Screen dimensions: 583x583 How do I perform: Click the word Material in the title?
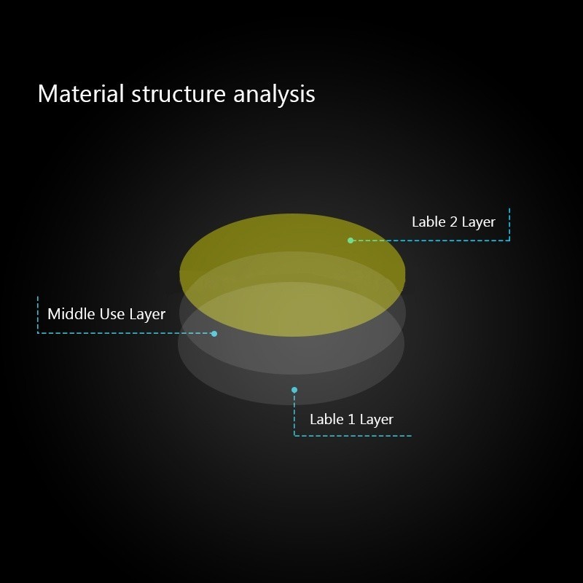(x=81, y=93)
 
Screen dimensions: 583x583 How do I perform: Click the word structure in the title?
(x=179, y=94)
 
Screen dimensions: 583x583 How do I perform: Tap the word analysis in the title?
(x=274, y=95)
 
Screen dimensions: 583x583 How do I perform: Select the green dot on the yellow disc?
(x=351, y=240)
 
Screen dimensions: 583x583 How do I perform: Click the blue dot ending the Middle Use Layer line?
(x=214, y=334)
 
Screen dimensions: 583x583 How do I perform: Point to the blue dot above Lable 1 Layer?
(x=294, y=390)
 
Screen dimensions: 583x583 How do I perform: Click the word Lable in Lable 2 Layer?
(x=429, y=222)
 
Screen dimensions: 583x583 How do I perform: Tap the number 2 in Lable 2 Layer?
(x=453, y=222)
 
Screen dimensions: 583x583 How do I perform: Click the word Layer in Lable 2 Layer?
(x=479, y=223)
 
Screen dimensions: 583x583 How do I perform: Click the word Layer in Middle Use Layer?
(x=147, y=315)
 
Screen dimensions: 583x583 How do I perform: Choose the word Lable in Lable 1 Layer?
(x=326, y=420)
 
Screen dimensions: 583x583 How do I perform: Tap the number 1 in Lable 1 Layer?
(x=351, y=420)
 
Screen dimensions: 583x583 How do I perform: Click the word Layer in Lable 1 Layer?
(x=377, y=420)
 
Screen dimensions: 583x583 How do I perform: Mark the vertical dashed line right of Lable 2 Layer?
(x=509, y=224)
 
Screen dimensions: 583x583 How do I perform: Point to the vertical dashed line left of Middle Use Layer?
(x=38, y=315)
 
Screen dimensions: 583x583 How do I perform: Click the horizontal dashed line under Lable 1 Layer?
(x=353, y=436)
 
